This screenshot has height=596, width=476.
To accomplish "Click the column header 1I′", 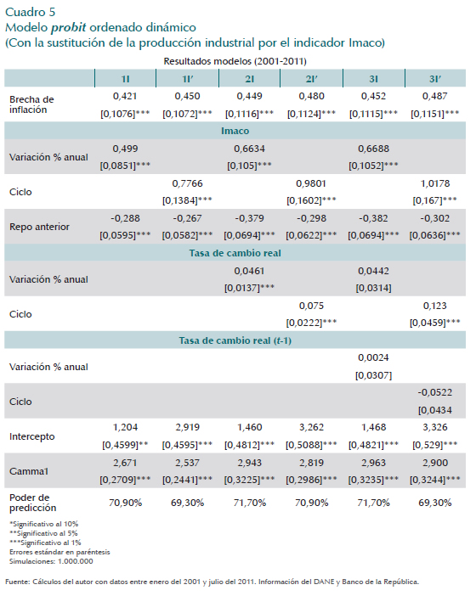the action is [188, 79].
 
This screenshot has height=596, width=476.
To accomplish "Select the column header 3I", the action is [374, 79].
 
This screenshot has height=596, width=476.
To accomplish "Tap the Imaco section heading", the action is [235, 131].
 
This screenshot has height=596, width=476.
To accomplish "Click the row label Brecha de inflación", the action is [31, 104].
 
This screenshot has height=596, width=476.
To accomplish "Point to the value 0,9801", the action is [311, 183].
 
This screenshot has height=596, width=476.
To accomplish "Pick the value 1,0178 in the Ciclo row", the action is [435, 183].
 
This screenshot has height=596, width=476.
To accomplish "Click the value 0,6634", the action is [249, 149].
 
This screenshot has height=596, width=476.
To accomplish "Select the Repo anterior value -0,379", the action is [249, 218].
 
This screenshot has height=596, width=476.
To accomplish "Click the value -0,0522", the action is [435, 392].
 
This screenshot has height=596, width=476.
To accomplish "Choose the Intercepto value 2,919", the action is [188, 427].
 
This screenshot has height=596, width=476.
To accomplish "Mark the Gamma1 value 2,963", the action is [374, 463].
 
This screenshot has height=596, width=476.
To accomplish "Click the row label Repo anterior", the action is [40, 227].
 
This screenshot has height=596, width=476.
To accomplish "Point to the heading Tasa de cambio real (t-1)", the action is [235, 340].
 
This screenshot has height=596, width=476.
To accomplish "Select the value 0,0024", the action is [374, 357].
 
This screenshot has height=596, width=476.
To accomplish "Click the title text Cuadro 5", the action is [30, 12].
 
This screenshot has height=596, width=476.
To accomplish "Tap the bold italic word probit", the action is [69, 28].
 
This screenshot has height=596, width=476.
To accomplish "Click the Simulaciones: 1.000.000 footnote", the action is [51, 561].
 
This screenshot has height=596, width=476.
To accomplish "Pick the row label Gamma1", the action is [29, 471].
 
